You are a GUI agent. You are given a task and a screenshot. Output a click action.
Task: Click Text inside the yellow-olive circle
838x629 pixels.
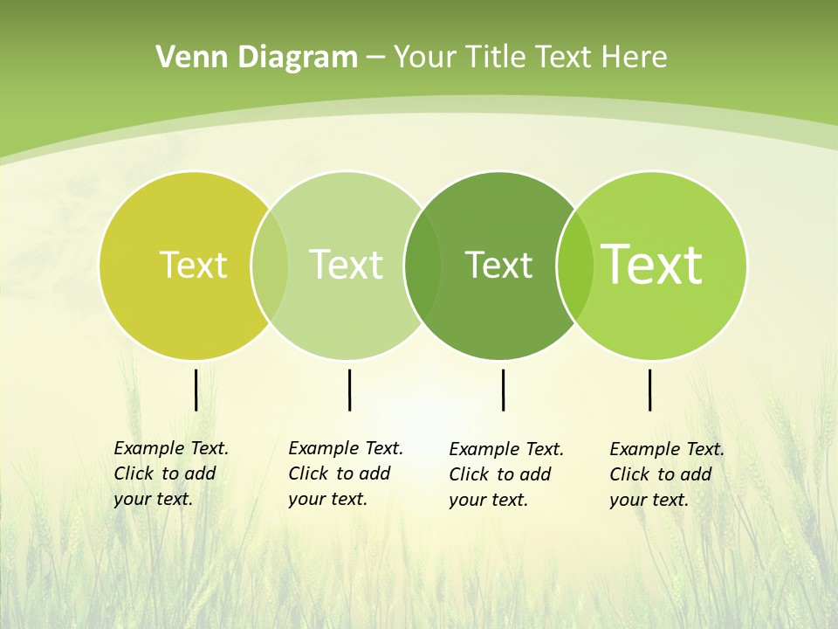tap(193, 265)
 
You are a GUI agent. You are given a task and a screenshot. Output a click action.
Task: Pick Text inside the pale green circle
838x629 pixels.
tap(346, 265)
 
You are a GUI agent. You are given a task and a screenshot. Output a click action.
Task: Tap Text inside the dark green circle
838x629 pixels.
tap(498, 265)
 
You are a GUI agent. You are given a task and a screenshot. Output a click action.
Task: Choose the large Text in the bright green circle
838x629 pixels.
tap(652, 265)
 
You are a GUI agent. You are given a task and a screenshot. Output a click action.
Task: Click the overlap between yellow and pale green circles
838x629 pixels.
tap(270, 265)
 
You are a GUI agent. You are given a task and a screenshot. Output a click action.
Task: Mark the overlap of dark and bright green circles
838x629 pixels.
tap(574, 265)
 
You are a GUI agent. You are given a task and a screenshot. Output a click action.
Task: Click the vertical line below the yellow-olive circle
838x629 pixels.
tap(196, 390)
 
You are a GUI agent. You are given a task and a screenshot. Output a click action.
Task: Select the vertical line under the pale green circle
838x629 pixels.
tap(349, 390)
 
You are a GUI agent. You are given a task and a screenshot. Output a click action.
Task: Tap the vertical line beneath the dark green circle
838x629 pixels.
tap(503, 390)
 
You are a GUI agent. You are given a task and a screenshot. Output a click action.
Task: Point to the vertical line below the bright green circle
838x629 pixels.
tap(649, 390)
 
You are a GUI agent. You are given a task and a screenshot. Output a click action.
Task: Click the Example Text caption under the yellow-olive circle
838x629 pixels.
tap(170, 473)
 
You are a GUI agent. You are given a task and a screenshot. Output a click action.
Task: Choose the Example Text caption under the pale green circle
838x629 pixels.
tap(345, 473)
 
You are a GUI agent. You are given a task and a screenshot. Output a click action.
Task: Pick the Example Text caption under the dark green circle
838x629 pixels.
tap(505, 474)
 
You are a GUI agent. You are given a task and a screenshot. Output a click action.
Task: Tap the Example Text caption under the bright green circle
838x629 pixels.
tap(666, 474)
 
